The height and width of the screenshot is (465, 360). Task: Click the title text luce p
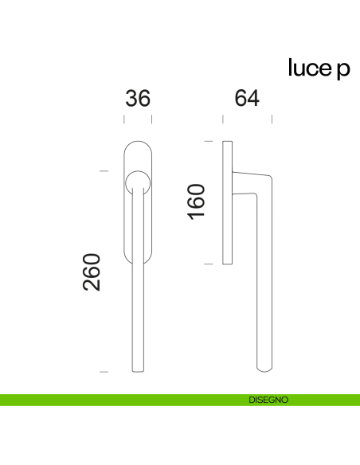pyautogui.click(x=319, y=68)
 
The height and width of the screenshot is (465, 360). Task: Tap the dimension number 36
pyautogui.click(x=138, y=98)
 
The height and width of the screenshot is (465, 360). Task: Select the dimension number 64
pyautogui.click(x=247, y=98)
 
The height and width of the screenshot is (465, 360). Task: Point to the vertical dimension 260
pyautogui.click(x=92, y=272)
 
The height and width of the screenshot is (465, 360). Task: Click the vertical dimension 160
pyautogui.click(x=196, y=202)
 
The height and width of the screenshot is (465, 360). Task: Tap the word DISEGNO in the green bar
pyautogui.click(x=268, y=400)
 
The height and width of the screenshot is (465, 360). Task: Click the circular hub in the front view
pyautogui.click(x=138, y=183)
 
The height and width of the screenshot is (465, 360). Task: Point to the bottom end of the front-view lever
pyautogui.click(x=138, y=371)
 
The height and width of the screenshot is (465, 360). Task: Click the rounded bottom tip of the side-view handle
pyautogui.click(x=264, y=369)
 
